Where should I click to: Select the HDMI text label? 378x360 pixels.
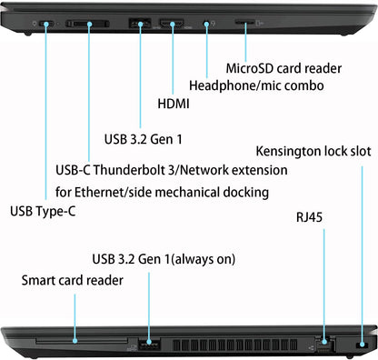coord(174,105)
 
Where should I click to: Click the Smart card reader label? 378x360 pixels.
coord(73,280)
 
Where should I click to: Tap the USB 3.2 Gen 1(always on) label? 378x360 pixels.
coord(164,259)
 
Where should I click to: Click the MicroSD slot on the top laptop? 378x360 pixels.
coord(245,23)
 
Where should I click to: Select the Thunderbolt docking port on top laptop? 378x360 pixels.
coord(90,23)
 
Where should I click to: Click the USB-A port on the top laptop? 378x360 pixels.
coord(142,23)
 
